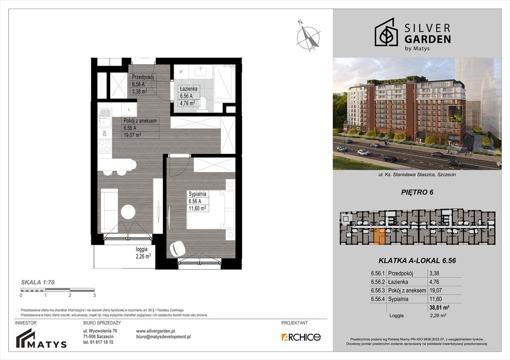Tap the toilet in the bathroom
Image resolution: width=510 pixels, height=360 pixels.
pyautogui.click(x=203, y=101)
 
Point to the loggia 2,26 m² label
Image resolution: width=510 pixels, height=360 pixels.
pyautogui.click(x=142, y=253)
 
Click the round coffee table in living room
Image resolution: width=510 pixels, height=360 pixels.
pyautogui.click(x=128, y=212)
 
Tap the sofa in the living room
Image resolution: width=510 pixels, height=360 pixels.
pyautogui.click(x=109, y=210)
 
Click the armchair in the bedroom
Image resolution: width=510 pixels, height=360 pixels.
pyautogui.click(x=177, y=248)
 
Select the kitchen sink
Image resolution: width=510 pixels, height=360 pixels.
pyautogui.click(x=104, y=114)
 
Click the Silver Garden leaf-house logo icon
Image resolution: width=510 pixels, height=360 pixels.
pyautogui.click(x=386, y=32)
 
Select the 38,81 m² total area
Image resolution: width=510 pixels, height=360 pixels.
pyautogui.click(x=439, y=307)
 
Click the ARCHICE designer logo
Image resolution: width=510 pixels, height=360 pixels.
pyautogui.click(x=301, y=337)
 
